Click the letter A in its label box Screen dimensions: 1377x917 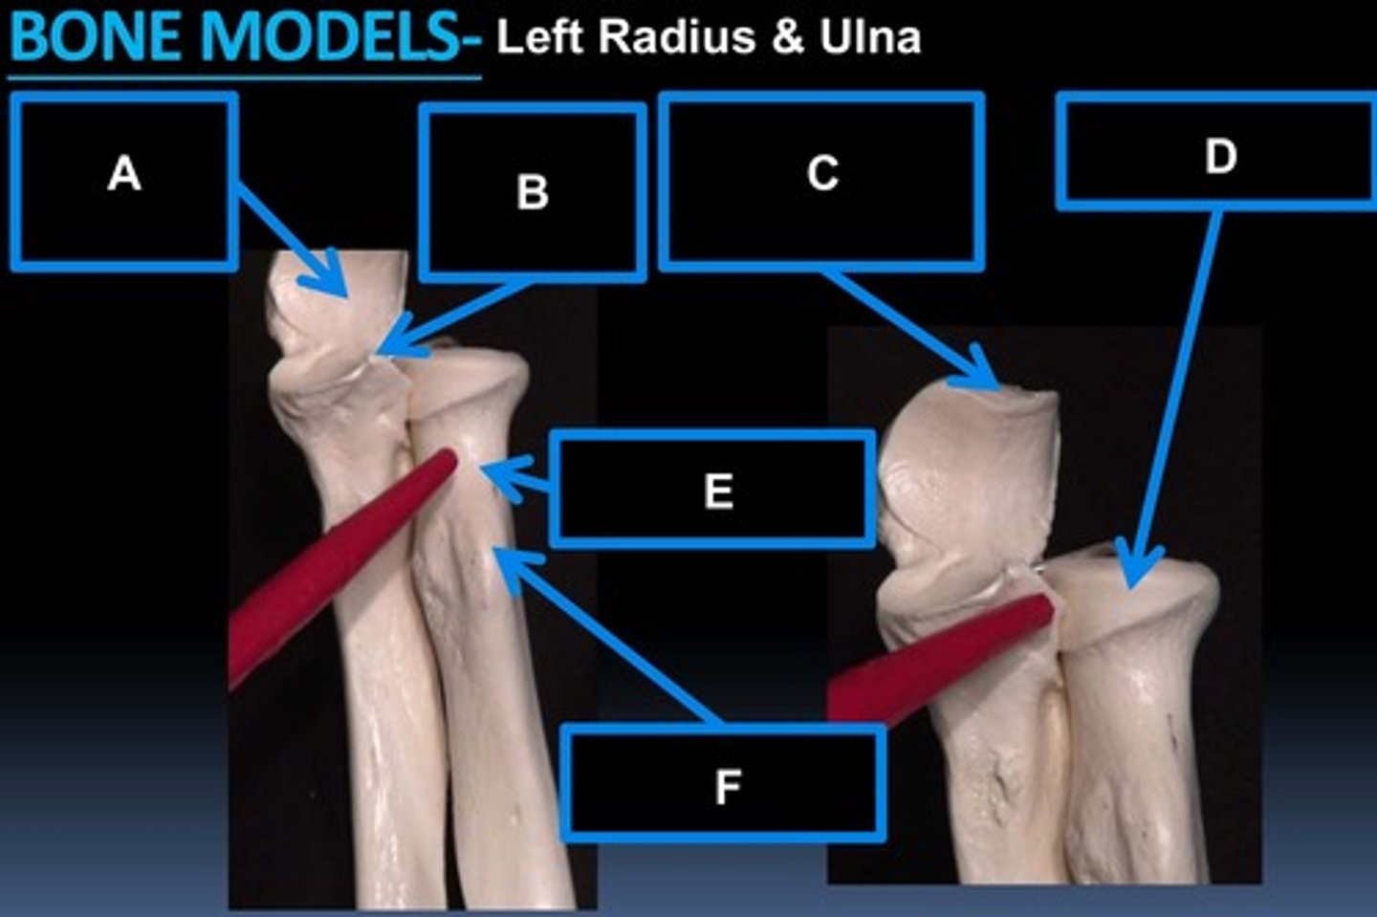(x=124, y=175)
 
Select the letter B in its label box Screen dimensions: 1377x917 (x=533, y=191)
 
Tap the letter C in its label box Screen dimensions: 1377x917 (x=822, y=174)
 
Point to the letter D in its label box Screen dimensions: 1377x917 (x=1220, y=156)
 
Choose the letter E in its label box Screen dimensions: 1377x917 (x=718, y=491)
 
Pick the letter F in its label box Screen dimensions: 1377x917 (x=728, y=787)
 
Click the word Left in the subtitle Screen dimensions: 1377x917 (x=539, y=38)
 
